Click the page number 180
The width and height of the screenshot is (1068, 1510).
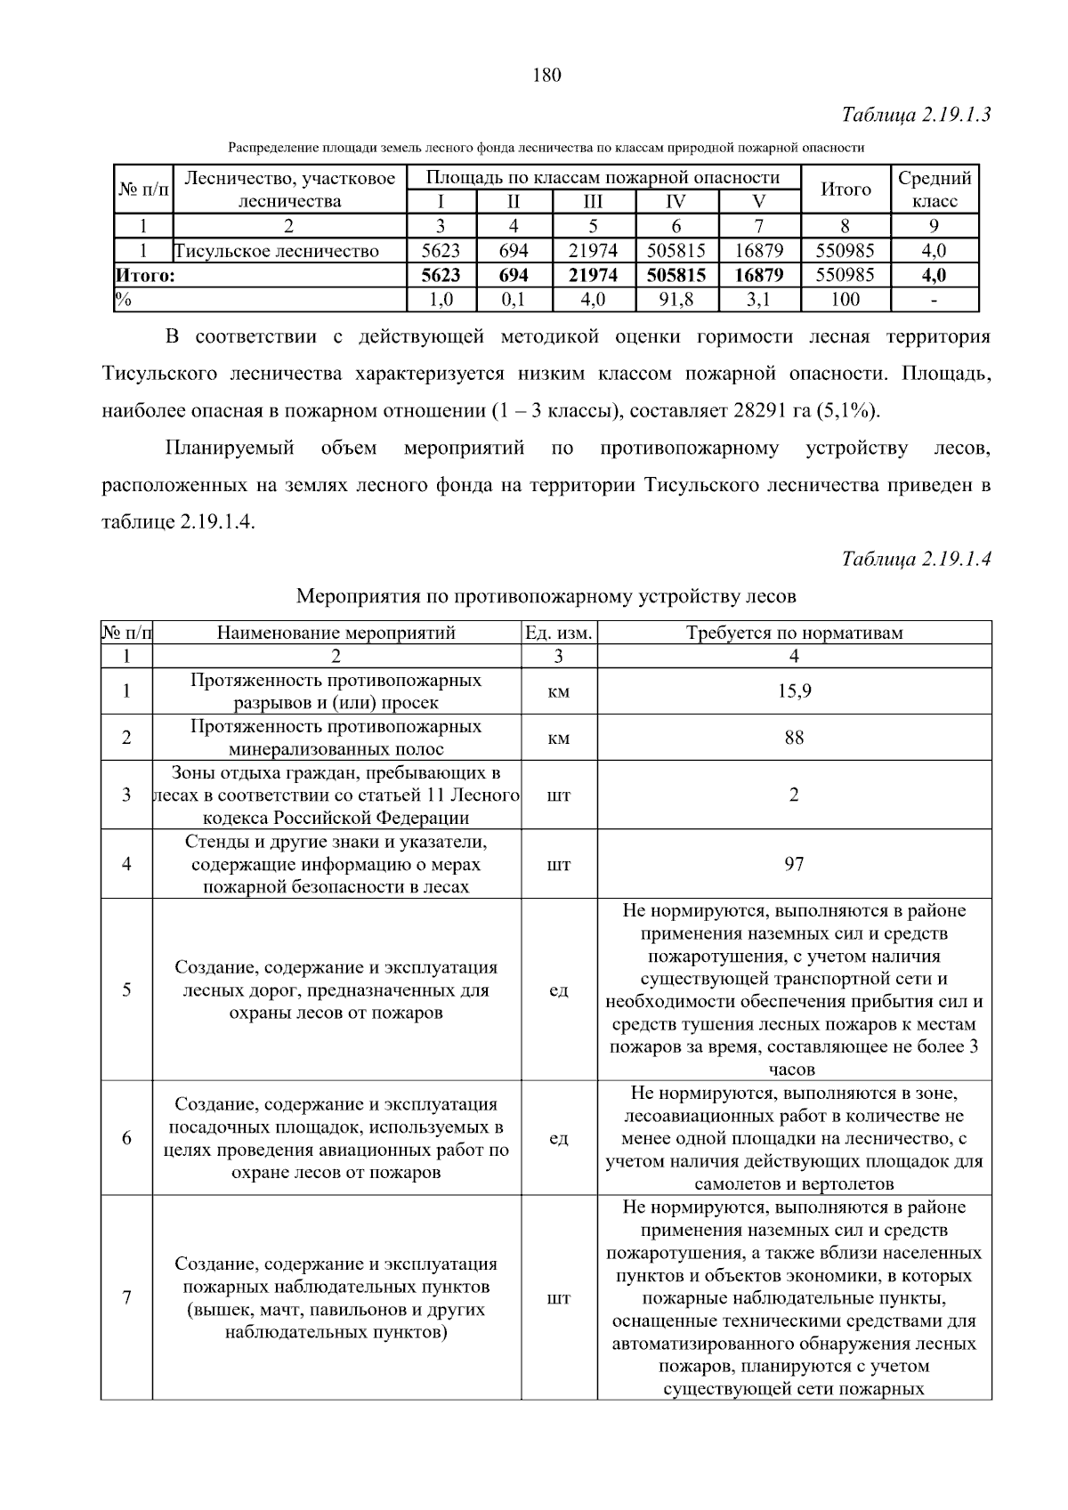pos(546,76)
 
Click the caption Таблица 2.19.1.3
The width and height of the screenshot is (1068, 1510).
pos(916,115)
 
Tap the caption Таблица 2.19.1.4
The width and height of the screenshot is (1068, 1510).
pos(916,559)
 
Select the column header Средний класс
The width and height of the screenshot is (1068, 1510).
pos(934,189)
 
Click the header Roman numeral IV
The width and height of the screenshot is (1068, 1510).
pos(676,201)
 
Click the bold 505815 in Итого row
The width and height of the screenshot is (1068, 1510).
pos(676,276)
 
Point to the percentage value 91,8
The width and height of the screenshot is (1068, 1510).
pos(676,300)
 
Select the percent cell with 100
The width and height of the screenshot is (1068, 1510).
pos(845,300)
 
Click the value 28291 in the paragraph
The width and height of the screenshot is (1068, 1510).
pos(758,411)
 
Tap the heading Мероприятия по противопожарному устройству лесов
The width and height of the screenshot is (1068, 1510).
pos(546,595)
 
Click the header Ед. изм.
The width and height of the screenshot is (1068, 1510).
pos(559,633)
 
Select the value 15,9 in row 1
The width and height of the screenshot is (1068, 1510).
pos(794,691)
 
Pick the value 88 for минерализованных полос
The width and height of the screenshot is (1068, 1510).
pos(794,738)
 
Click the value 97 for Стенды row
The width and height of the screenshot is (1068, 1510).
pos(794,864)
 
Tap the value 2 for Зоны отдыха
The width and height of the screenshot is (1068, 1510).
pos(794,795)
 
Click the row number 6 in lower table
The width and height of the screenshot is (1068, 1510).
pos(126,1138)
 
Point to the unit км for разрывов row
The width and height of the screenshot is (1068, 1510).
pos(559,691)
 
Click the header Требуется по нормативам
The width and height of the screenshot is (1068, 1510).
pos(794,633)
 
